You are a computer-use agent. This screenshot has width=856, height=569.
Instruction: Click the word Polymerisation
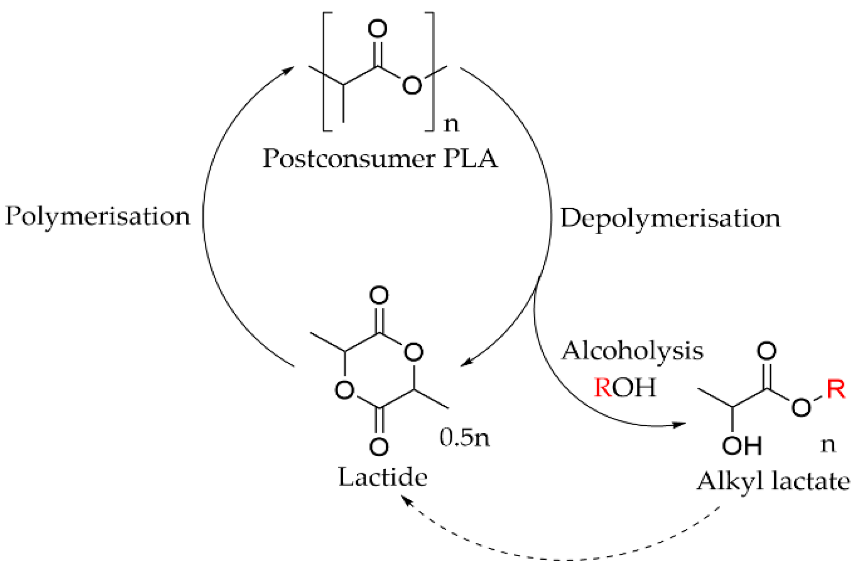pyautogui.click(x=97, y=216)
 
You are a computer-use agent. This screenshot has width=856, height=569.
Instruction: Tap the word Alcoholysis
pyautogui.click(x=632, y=351)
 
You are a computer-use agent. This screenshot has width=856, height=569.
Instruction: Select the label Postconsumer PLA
pyautogui.click(x=380, y=158)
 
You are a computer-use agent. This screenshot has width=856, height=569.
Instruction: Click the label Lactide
pyautogui.click(x=383, y=477)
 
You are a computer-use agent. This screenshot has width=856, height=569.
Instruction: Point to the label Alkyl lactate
pyautogui.click(x=773, y=482)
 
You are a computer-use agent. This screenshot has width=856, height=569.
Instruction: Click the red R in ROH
pyautogui.click(x=602, y=387)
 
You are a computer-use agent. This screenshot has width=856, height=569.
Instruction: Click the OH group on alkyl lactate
pyautogui.click(x=742, y=446)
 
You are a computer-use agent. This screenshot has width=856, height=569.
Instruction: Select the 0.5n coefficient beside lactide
pyautogui.click(x=464, y=438)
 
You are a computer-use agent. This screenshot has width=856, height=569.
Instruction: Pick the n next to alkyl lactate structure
pyautogui.click(x=828, y=445)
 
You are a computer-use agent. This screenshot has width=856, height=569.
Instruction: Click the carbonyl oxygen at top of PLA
pyautogui.click(x=377, y=29)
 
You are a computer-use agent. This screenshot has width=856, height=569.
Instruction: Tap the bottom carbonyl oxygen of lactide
pyautogui.click(x=379, y=447)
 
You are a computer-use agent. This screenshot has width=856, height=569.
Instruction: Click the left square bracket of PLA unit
pyautogui.click(x=326, y=72)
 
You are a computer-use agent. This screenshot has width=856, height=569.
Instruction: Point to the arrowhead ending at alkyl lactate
pyautogui.click(x=679, y=425)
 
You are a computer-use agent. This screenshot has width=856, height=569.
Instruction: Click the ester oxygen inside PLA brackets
pyautogui.click(x=412, y=85)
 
